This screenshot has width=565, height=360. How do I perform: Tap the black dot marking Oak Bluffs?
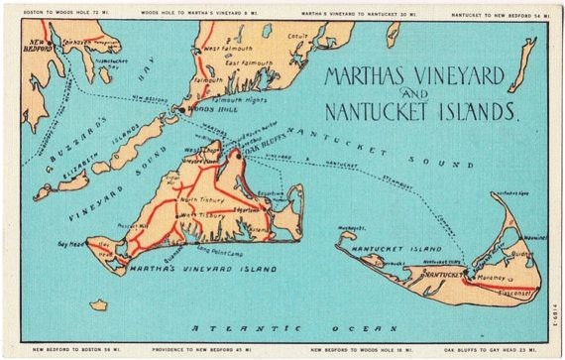pos(238,155)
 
